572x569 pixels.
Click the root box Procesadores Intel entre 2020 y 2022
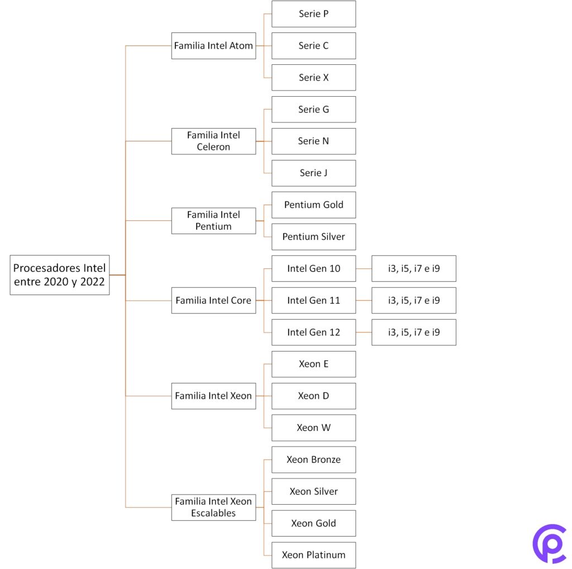[x=60, y=275]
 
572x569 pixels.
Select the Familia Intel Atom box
[x=213, y=46]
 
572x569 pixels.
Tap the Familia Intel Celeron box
[x=213, y=141]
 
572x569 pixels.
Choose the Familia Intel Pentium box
[x=213, y=221]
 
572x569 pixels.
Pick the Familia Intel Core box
[x=213, y=301]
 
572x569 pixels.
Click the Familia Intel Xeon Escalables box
[x=213, y=508]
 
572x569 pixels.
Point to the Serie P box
[x=313, y=14]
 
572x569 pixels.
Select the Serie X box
[x=313, y=78]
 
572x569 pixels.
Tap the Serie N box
[x=313, y=141]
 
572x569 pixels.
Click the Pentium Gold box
[x=313, y=205]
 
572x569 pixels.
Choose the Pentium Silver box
[x=313, y=237]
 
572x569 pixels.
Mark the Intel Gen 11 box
[x=313, y=301]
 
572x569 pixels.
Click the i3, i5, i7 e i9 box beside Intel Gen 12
[x=413, y=333]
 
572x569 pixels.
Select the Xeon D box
[x=313, y=396]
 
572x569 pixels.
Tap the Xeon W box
[x=313, y=428]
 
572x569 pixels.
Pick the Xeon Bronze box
[x=313, y=460]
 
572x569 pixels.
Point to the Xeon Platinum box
[x=313, y=555]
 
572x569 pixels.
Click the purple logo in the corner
[x=549, y=543]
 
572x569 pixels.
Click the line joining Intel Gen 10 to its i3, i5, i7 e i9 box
[x=364, y=269]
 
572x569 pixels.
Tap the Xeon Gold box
[x=313, y=524]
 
